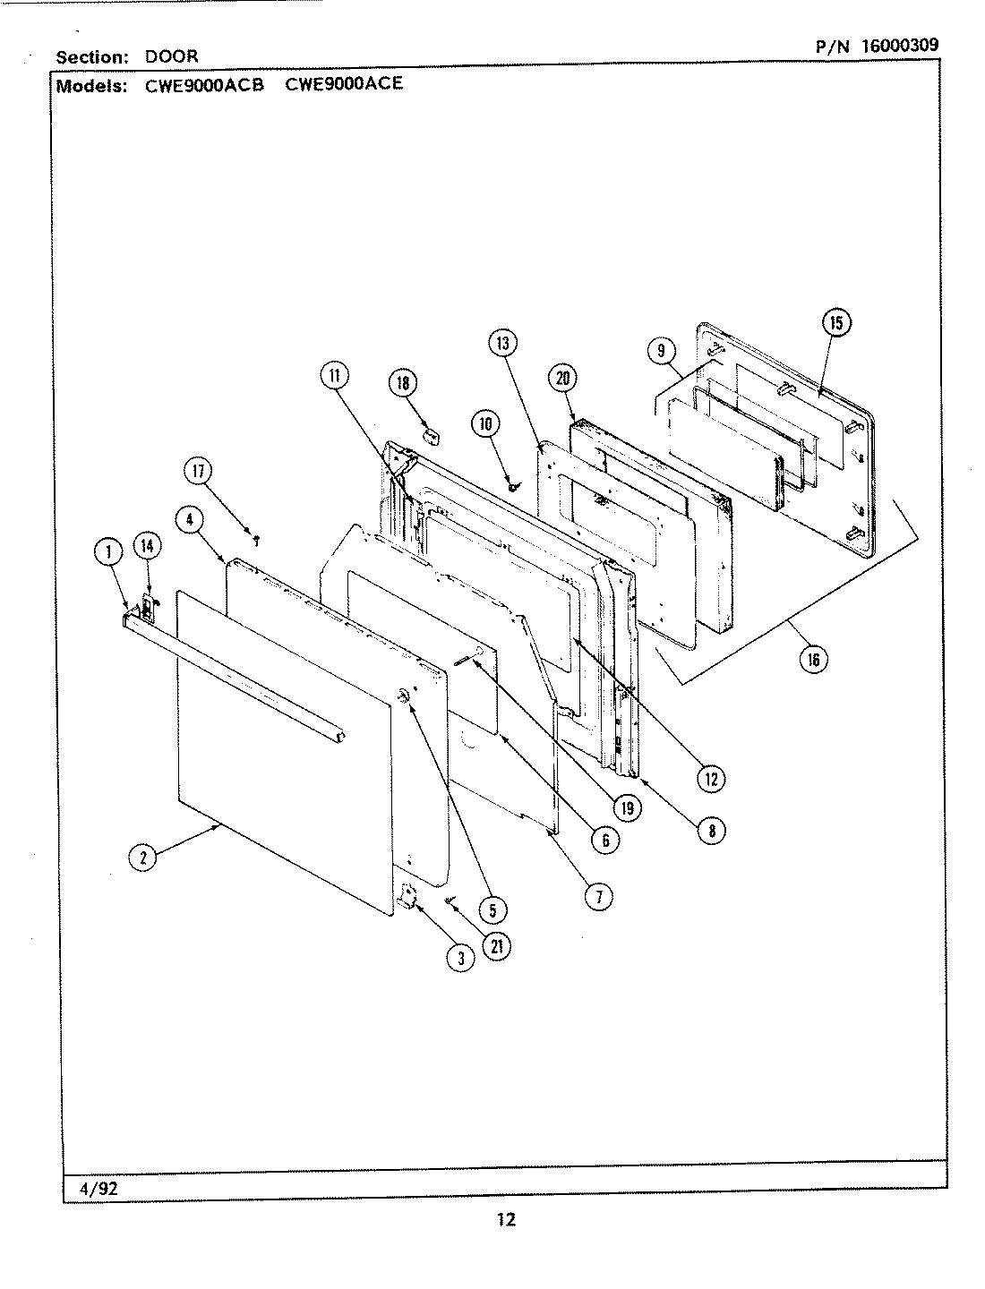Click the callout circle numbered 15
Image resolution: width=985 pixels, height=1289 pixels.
835,323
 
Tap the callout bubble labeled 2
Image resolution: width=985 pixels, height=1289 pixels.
142,858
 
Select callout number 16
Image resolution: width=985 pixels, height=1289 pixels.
813,660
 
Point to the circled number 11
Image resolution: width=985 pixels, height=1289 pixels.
334,377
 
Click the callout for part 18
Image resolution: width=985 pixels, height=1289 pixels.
402,383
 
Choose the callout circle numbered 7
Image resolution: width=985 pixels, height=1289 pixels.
598,896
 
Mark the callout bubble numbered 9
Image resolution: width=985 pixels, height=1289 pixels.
662,351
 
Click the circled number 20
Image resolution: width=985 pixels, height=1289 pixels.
563,378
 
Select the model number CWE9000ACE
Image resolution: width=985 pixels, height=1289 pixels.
344,84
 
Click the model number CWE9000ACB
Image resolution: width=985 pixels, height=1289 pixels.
204,86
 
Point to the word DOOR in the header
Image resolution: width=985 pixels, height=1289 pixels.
172,55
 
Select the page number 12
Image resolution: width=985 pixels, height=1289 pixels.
505,1219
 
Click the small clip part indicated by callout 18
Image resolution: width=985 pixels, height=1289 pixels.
433,435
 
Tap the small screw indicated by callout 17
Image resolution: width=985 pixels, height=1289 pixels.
258,540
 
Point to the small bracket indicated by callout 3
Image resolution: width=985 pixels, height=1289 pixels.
407,896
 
